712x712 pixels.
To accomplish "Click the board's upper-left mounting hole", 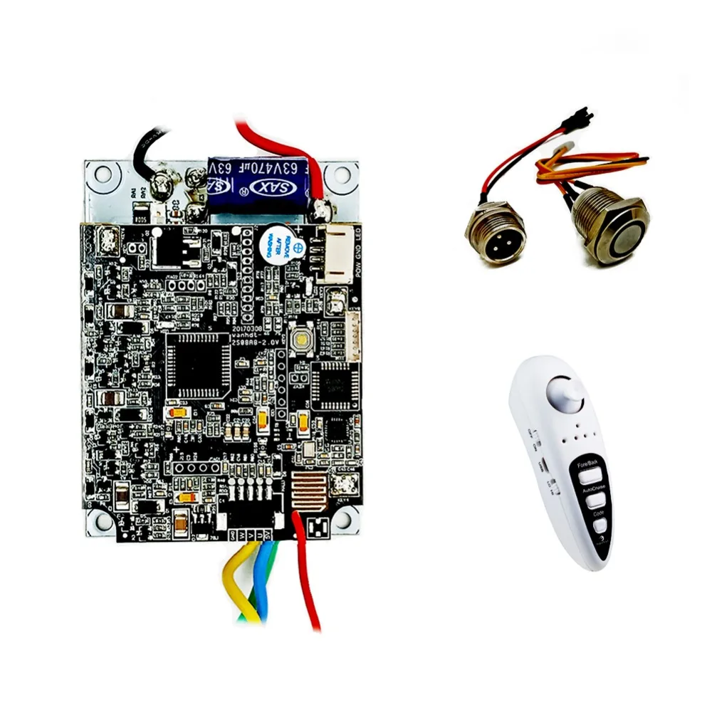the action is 102,173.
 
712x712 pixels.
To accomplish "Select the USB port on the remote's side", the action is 543,466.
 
